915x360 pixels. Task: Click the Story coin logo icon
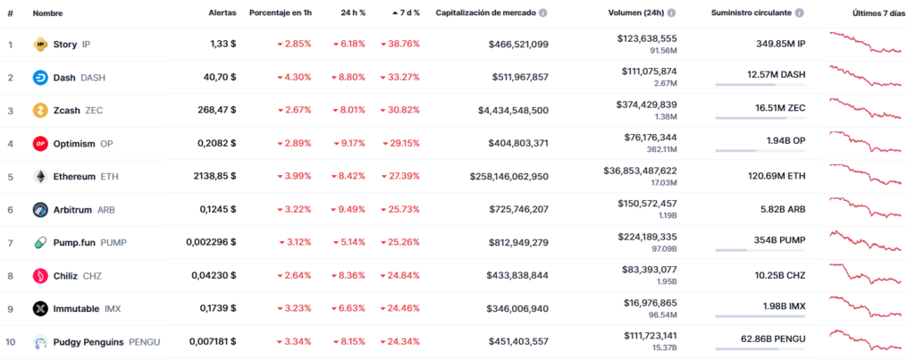39,44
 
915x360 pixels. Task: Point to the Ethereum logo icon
39,176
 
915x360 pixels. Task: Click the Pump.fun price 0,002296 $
211,242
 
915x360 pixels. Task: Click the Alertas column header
222,13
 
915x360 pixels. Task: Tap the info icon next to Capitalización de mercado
543,13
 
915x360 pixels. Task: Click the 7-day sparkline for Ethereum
865,174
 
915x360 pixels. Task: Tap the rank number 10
11,341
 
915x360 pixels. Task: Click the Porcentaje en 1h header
280,13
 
